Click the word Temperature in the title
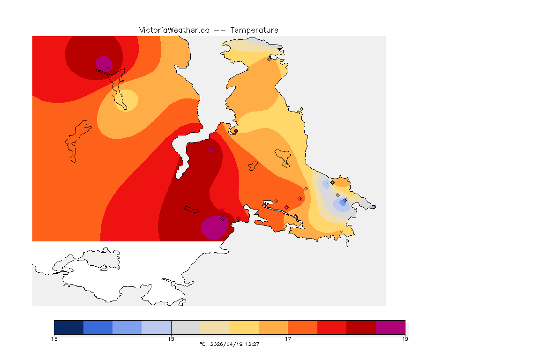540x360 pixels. point(254,30)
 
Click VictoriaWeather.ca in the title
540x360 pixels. point(174,30)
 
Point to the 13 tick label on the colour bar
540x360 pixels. point(54,339)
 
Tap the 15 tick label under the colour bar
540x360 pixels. point(171,339)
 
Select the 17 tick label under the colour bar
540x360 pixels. point(288,339)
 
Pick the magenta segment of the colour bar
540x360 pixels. point(390,327)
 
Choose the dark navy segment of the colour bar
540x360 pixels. point(69,327)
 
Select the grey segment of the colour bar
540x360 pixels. point(186,327)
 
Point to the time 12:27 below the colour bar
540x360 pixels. point(252,344)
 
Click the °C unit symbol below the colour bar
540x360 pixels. point(202,344)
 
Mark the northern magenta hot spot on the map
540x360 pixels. point(104,63)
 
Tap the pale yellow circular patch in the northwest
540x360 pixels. point(127,100)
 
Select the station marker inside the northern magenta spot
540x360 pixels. point(108,68)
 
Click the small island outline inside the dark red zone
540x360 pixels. point(192,210)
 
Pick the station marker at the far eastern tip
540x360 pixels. point(374,207)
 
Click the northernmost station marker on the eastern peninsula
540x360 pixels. point(269,59)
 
